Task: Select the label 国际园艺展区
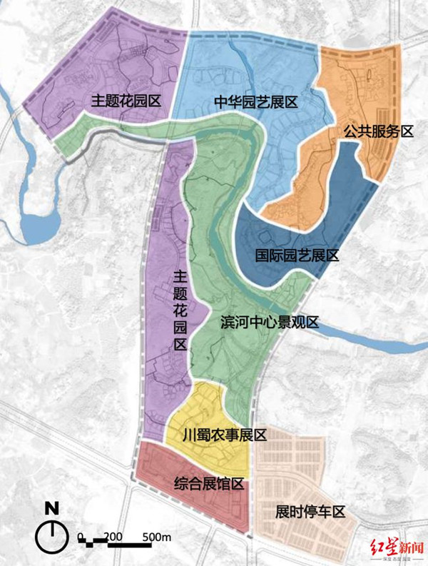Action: [x=296, y=256]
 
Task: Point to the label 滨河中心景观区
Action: [x=267, y=323]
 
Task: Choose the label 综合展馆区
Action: [x=209, y=483]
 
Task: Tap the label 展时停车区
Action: [x=310, y=512]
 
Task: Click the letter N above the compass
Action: [x=51, y=509]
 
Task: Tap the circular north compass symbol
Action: [x=51, y=534]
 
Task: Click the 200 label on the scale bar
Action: [x=113, y=535]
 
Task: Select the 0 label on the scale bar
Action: [x=81, y=535]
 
